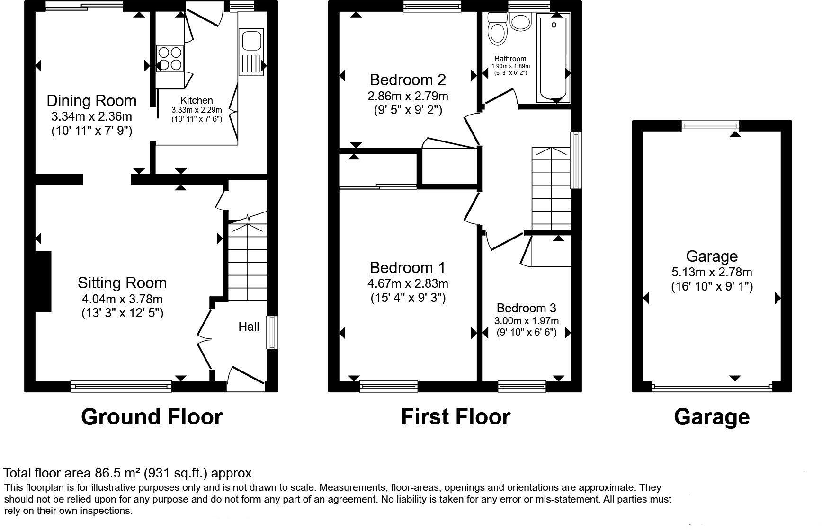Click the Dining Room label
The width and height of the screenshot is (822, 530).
91,100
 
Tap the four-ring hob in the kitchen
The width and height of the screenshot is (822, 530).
170,58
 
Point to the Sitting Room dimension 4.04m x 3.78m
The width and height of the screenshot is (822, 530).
122,299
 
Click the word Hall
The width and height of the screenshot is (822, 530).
249,327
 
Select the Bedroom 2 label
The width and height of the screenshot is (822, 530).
408,79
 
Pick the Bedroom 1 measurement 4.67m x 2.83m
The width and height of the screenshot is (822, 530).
408,283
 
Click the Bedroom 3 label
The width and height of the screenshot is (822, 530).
527,308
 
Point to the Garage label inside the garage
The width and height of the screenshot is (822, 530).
712,256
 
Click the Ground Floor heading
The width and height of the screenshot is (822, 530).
152,417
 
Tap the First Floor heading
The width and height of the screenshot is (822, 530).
456,417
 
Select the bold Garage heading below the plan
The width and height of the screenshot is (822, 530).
712,417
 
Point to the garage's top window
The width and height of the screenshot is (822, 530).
710,126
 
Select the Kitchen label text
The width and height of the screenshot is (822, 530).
197,100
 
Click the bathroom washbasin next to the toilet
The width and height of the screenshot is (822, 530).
521,22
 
